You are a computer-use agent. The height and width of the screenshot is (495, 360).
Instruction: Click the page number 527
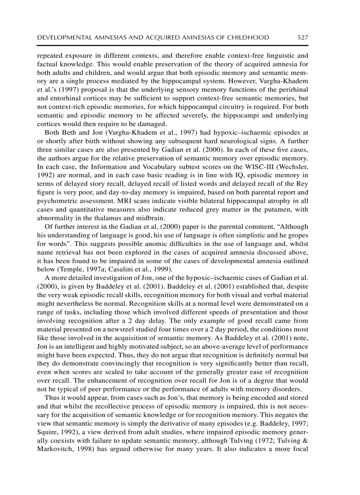[303, 37]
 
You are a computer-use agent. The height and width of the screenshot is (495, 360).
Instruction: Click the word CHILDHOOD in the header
[248, 37]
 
